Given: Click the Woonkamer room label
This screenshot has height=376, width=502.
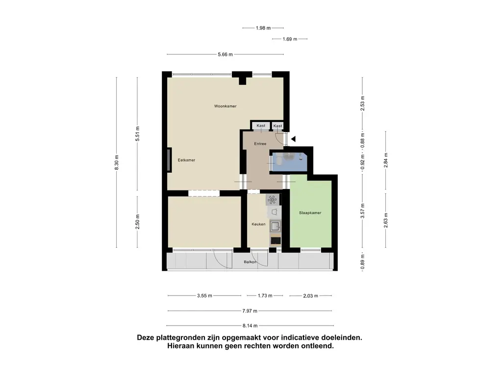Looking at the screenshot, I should pos(225,106).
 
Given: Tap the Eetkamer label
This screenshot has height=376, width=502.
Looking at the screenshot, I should pos(186,160).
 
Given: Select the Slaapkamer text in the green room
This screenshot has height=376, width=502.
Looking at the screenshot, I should pos(310,213).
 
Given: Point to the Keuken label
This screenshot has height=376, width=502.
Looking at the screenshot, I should pos(258,224).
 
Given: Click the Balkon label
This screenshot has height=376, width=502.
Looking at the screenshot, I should pos(251,262).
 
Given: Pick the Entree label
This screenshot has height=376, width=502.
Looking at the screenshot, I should pos(260,144).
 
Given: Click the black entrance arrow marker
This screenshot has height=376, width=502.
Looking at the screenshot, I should pos(293,139).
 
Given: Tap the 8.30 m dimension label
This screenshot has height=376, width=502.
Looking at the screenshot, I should pos(116,162).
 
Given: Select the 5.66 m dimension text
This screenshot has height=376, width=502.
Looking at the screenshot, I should pos(225,54).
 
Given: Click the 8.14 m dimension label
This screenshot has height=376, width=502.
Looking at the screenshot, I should pos(250,326).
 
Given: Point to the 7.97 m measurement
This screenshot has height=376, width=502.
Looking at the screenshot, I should pos(250,310).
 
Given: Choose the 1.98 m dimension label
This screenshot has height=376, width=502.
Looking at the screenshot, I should pos(263,28).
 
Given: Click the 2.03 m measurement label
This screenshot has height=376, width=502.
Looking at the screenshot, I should pos(310,296).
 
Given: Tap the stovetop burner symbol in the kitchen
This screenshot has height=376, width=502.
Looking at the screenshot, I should pos(273,200).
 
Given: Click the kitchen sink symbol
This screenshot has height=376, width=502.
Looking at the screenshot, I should pos(275,226).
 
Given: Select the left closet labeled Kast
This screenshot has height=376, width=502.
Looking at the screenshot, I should pos(261,126).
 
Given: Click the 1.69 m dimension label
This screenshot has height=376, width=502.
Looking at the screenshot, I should pos(290,39).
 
